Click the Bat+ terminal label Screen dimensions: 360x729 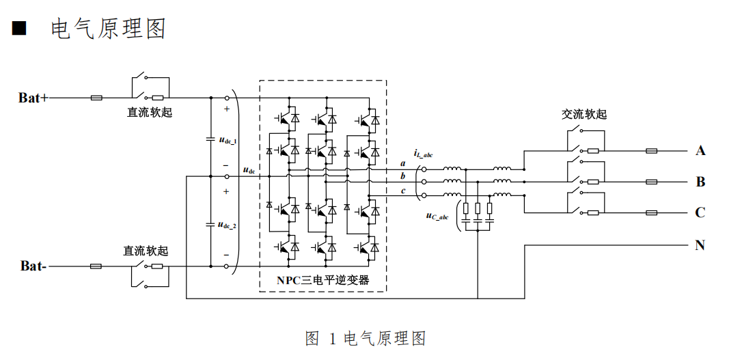tap(33, 98)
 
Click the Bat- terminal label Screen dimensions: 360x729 tap(33, 266)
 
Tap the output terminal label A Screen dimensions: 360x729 tap(700, 151)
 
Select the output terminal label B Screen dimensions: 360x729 tap(700, 182)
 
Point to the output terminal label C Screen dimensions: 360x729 tap(700, 212)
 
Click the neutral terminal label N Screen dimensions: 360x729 tap(700, 245)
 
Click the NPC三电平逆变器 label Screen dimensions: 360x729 tap(322, 280)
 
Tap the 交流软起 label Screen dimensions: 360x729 tap(584, 114)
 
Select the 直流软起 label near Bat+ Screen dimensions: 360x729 tap(150, 112)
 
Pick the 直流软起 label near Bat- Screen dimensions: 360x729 tap(146, 251)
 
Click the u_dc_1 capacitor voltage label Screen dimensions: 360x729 tap(228, 140)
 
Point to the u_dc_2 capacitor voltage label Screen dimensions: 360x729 tap(228, 225)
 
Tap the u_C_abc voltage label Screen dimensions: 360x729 tap(437, 216)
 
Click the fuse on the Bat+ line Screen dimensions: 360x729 tap(97, 98)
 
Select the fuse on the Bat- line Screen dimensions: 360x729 tap(96, 266)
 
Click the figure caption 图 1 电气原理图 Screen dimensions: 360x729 tap(366, 338)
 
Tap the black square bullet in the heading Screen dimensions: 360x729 tap(19, 29)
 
